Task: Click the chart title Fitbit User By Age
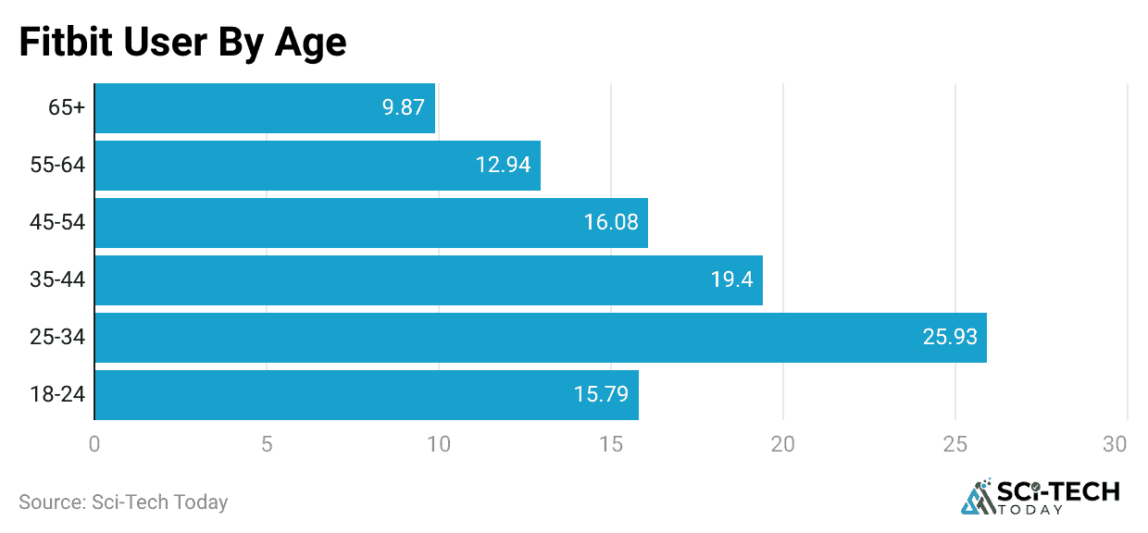(182, 43)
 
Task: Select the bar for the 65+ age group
(265, 107)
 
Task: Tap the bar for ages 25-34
(541, 337)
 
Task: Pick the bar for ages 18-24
(367, 394)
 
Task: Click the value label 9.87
(403, 107)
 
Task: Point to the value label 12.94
(503, 165)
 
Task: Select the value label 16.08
(610, 222)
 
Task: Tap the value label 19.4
(730, 279)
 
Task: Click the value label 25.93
(949, 337)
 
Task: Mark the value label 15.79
(601, 394)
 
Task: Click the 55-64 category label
(57, 165)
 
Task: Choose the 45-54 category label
(57, 222)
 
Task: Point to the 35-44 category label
(57, 279)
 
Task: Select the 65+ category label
(67, 107)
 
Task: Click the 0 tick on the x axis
(94, 444)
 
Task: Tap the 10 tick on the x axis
(439, 444)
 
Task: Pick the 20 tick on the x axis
(783, 444)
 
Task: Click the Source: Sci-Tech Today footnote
(123, 502)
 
